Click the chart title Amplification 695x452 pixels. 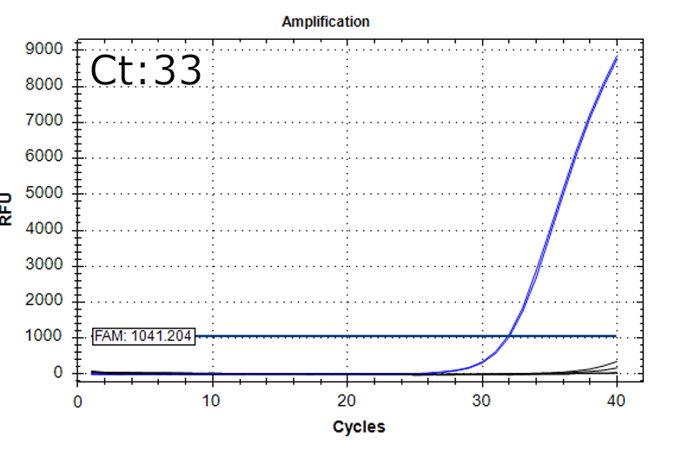(x=326, y=22)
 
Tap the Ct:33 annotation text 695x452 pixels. (x=146, y=71)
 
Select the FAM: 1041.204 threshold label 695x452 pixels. (x=144, y=336)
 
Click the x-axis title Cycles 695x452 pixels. (x=358, y=427)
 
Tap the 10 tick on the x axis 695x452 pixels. (x=211, y=401)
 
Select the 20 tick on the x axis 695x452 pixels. (x=347, y=401)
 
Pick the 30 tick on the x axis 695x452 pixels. (x=481, y=401)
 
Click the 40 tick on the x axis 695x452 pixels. (x=616, y=401)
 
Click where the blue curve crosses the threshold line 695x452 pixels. (x=509, y=336)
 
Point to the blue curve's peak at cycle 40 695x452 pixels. (x=616, y=57)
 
